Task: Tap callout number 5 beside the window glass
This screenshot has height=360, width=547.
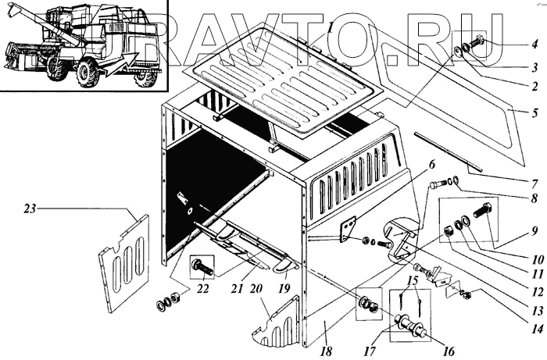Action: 535,114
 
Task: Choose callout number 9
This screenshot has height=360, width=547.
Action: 535,231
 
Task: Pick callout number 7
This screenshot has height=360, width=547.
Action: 535,184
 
